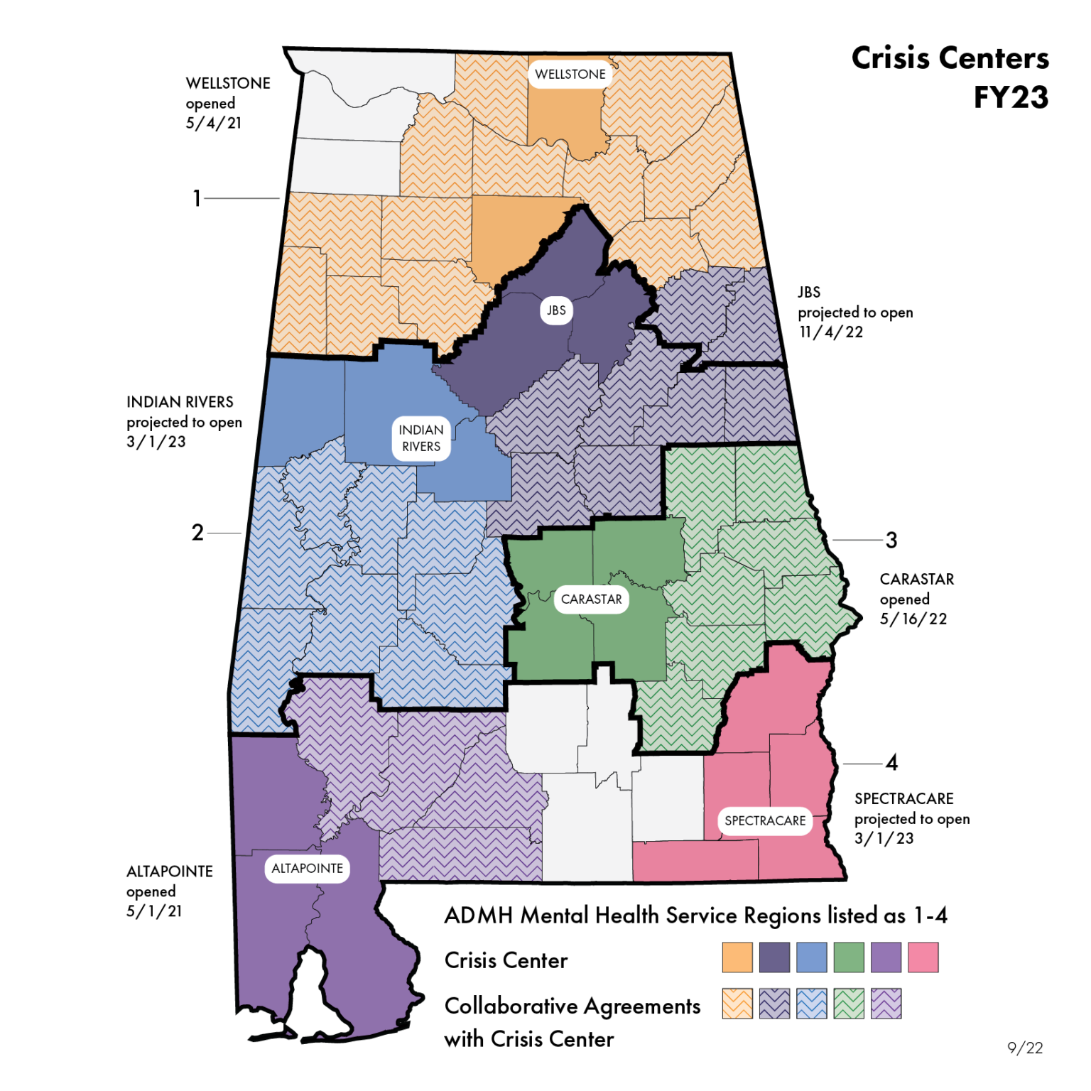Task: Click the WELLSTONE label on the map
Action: (x=570, y=74)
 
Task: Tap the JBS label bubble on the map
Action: (x=556, y=310)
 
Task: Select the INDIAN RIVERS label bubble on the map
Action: (x=421, y=438)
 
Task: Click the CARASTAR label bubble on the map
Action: (x=591, y=599)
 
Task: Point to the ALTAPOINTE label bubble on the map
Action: (x=307, y=869)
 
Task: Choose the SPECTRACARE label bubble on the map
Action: (x=765, y=821)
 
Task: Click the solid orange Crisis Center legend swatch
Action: (x=737, y=957)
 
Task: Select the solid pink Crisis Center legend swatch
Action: (x=923, y=957)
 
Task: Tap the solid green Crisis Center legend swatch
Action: (x=848, y=957)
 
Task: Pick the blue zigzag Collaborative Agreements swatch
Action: (x=811, y=1004)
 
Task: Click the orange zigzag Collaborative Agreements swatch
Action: (x=737, y=1004)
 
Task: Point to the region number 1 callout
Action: (x=197, y=198)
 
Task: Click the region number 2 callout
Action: (x=197, y=533)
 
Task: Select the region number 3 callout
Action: (x=891, y=541)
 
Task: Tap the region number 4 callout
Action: (x=891, y=763)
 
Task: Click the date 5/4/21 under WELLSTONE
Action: (x=213, y=123)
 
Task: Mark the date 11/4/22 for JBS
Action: (x=830, y=332)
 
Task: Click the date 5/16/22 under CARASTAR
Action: (x=913, y=619)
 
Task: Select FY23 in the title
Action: (x=1010, y=97)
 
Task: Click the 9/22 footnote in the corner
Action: (x=1025, y=1048)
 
